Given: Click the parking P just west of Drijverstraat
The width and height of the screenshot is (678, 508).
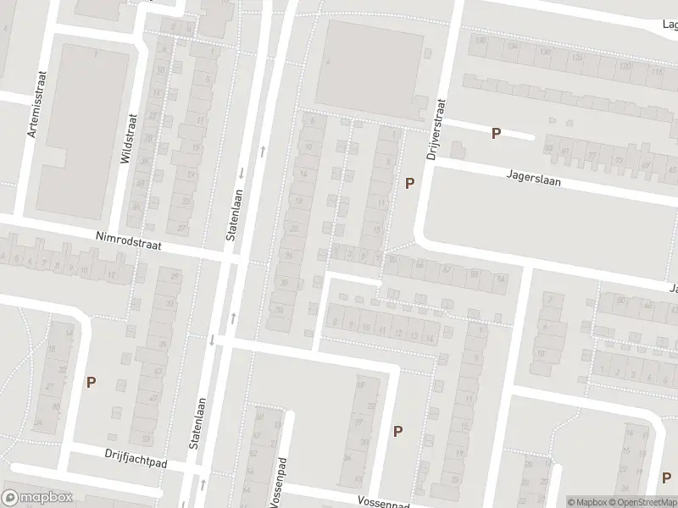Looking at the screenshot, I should tap(410, 183).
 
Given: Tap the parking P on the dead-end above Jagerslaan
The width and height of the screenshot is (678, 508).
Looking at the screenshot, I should tap(497, 133).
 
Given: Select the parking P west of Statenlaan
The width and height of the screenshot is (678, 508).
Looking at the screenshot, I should tap(91, 382).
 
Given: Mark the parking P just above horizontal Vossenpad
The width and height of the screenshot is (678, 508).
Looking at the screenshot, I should tap(397, 431).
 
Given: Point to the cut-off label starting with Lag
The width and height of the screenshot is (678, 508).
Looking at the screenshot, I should tap(669, 25).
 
